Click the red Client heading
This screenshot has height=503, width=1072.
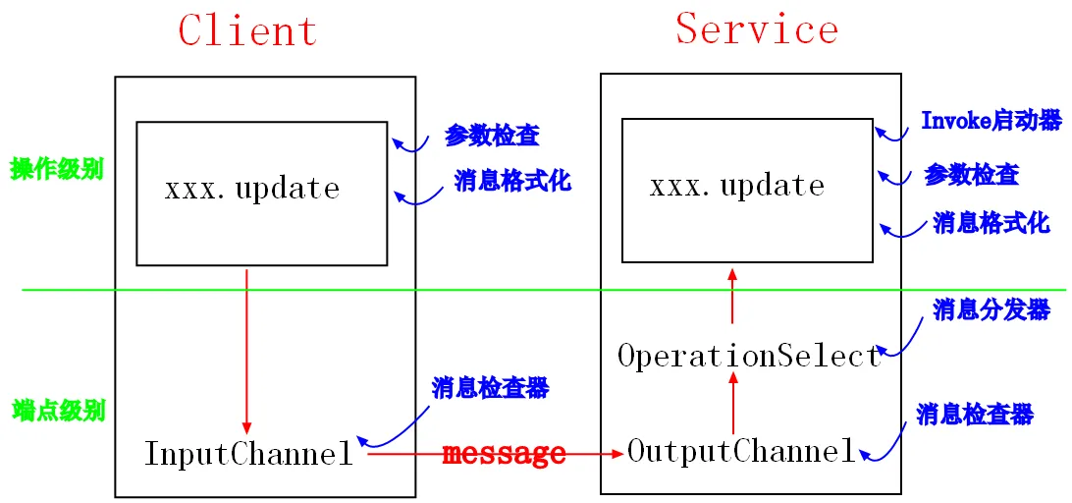point(247,30)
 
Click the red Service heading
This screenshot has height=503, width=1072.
point(757,28)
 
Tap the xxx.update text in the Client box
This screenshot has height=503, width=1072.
point(252,190)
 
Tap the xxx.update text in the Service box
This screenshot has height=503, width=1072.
point(737,186)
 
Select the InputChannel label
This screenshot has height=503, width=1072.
point(249,454)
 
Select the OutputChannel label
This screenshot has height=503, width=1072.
point(741,451)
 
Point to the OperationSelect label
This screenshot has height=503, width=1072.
point(750,356)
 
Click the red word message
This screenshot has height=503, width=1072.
point(504,453)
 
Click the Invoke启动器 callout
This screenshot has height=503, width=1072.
point(992,121)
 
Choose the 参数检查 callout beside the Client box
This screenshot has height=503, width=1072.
point(492,137)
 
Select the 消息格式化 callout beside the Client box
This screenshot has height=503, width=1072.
point(512,180)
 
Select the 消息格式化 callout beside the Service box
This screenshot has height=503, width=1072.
point(992,224)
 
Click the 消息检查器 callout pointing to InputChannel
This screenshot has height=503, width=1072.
point(490,389)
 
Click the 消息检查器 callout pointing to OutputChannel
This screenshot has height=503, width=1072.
point(975,414)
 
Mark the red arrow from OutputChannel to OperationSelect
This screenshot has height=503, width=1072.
point(732,405)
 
